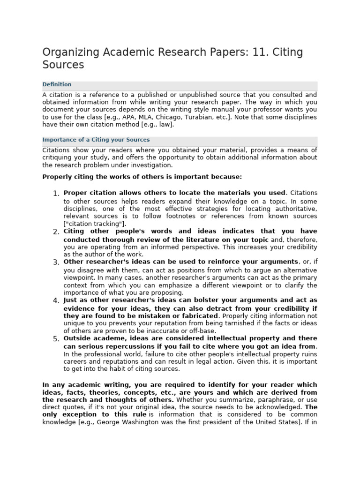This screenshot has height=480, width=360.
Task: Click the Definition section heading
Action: click(x=57, y=85)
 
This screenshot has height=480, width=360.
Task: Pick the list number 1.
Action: click(x=56, y=194)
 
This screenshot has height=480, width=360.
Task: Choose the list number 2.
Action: click(x=56, y=232)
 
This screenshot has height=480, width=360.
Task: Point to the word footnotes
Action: click(x=183, y=216)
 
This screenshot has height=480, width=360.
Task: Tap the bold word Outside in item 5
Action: click(x=77, y=338)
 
